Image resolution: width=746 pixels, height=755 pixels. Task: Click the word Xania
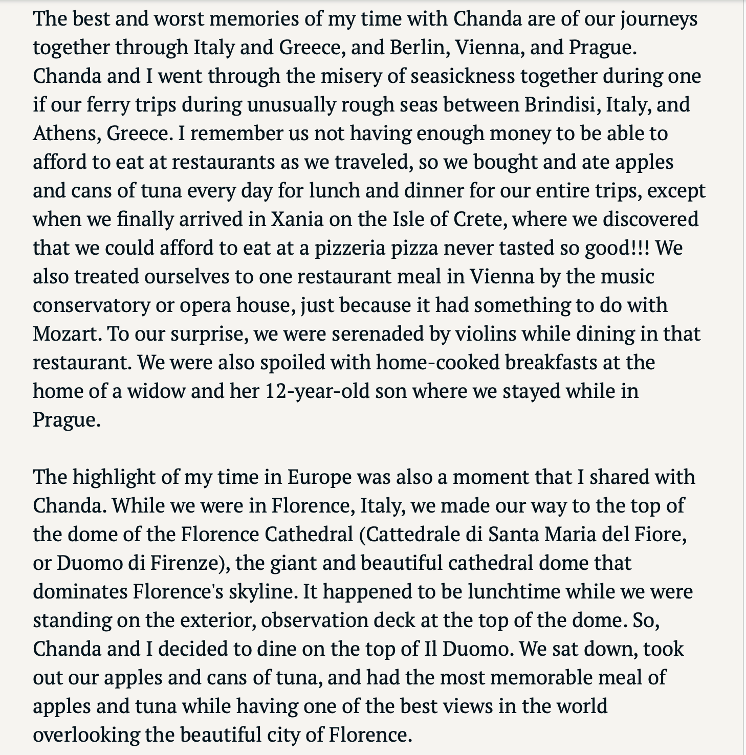point(297,219)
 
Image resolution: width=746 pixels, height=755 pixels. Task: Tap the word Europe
point(319,477)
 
